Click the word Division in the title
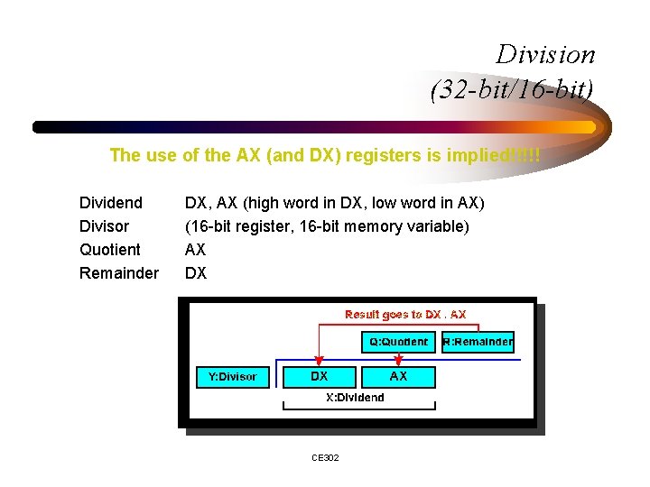545,55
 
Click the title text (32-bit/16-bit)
513,90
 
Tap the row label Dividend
111,203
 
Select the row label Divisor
104,226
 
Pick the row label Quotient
110,250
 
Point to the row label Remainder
119,273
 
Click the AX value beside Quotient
196,250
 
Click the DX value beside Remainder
196,273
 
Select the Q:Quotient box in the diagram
398,342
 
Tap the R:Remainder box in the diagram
478,342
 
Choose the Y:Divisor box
233,376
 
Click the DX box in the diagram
320,376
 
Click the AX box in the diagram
398,376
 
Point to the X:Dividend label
355,398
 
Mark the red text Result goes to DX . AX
405,315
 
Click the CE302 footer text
325,458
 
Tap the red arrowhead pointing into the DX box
316,361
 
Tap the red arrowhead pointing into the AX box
398,361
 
